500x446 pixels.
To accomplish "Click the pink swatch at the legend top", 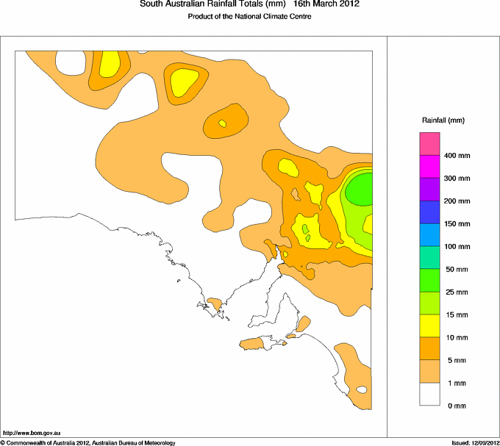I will (429, 143).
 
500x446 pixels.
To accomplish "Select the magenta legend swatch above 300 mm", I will (429, 166).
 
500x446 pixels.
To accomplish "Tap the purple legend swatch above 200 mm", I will (429, 189).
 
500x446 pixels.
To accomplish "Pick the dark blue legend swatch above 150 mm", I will (429, 212).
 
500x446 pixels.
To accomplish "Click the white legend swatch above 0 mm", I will (429, 395).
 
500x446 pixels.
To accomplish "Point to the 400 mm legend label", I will (460, 156).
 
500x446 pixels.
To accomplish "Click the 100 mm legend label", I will (460, 247).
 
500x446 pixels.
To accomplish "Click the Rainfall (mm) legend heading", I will (443, 120).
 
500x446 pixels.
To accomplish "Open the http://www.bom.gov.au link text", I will (32, 434).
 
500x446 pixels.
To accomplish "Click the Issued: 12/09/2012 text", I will (474, 442).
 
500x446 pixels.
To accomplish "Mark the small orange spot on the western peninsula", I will (215, 301).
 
